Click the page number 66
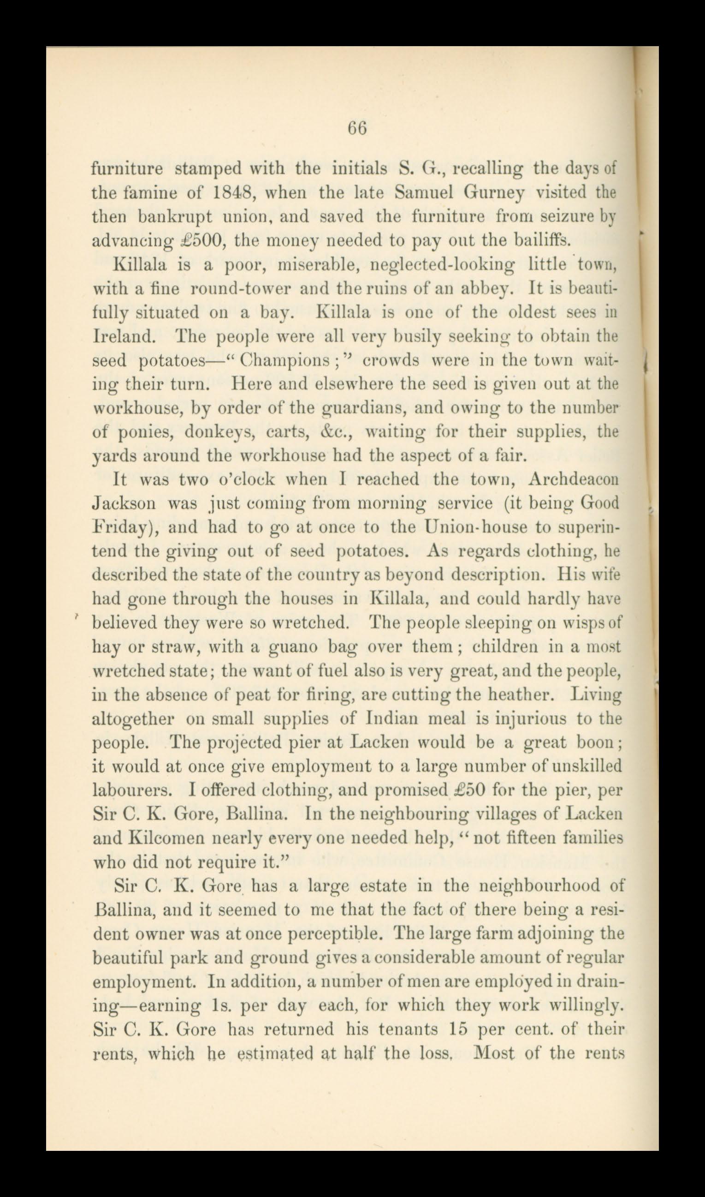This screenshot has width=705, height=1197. click(357, 129)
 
